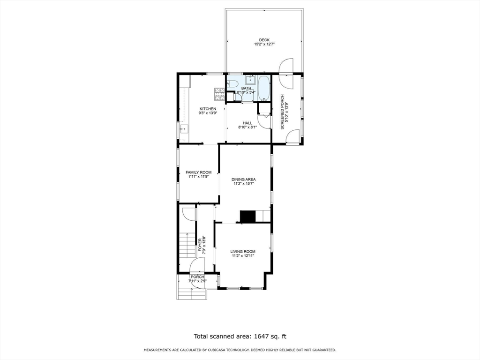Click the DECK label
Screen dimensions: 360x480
click(x=264, y=40)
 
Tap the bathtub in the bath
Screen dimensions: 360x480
click(x=264, y=88)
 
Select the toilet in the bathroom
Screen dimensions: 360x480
click(x=232, y=84)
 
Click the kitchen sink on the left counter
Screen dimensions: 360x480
click(x=183, y=128)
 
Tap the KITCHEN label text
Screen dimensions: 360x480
click(x=208, y=109)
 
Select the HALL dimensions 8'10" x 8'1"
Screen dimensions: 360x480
click(x=247, y=127)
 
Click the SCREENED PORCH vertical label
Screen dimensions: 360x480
click(x=283, y=112)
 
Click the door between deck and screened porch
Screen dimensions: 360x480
click(x=286, y=67)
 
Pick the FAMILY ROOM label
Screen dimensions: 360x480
click(x=198, y=172)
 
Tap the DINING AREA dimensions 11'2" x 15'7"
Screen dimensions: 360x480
click(x=244, y=184)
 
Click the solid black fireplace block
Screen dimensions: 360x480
click(x=247, y=216)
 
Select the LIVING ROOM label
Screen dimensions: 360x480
click(x=243, y=252)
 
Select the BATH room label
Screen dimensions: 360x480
click(x=246, y=88)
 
